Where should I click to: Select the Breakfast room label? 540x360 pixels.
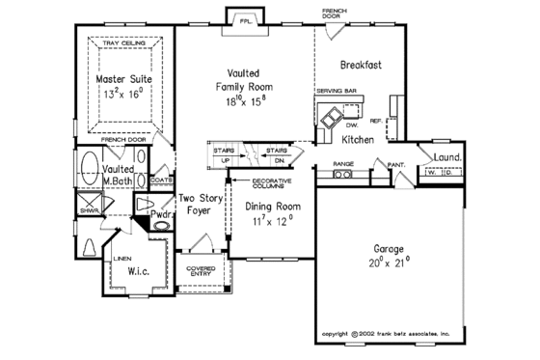click(x=361, y=66)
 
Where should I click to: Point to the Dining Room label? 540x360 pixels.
click(x=274, y=207)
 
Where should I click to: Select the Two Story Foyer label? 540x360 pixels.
click(x=200, y=205)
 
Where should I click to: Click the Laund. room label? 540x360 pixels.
click(x=446, y=157)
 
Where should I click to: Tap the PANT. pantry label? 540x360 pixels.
click(x=394, y=165)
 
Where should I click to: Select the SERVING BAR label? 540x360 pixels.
click(x=335, y=89)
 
